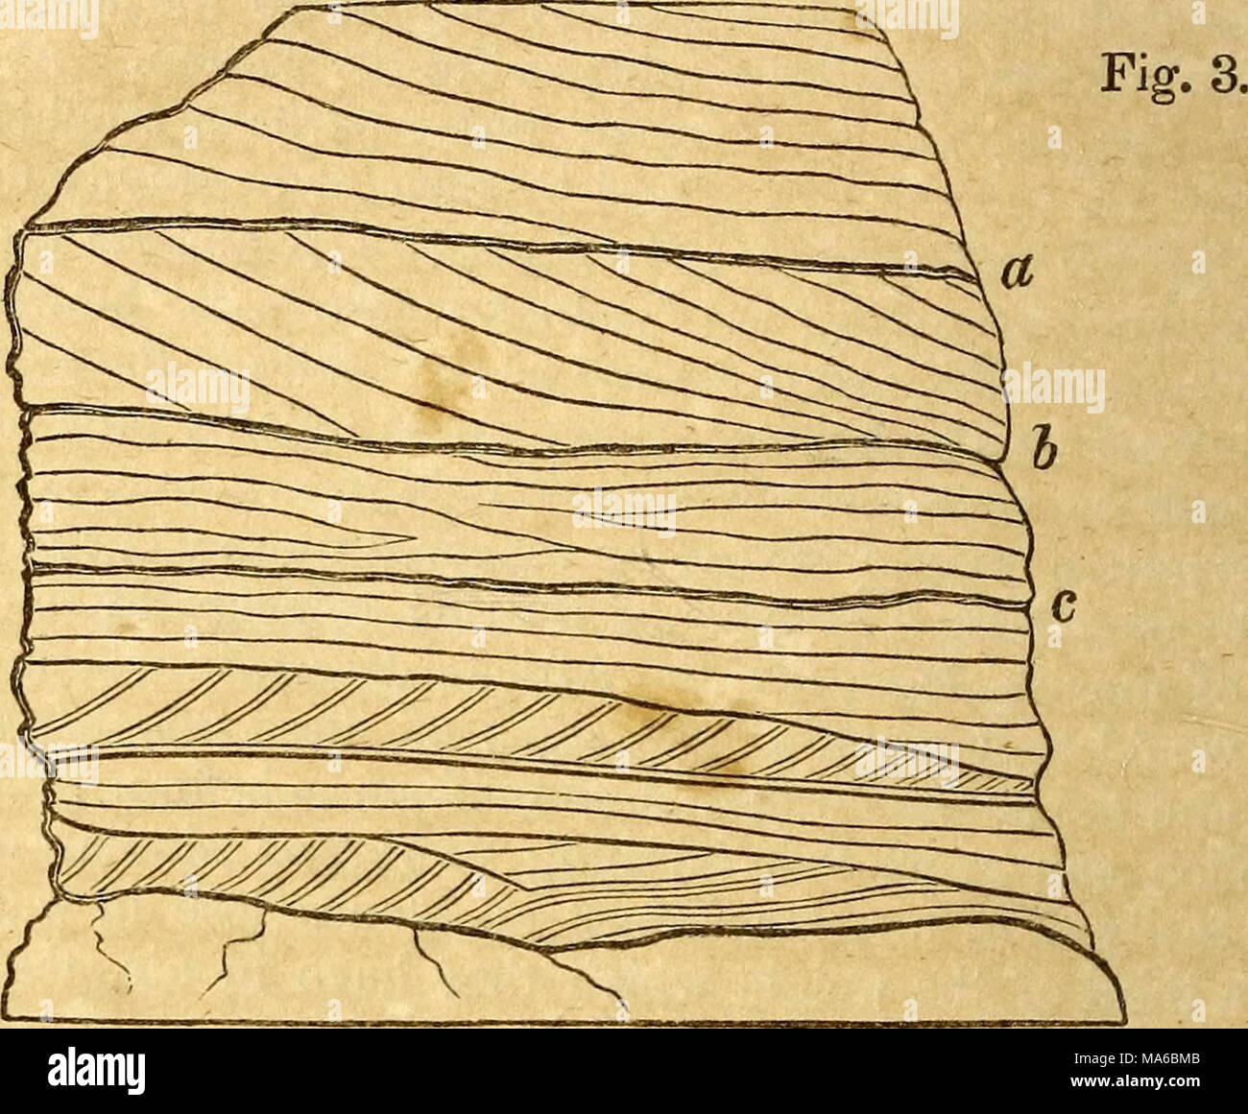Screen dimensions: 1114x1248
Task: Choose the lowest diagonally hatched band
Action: [x=288, y=868]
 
